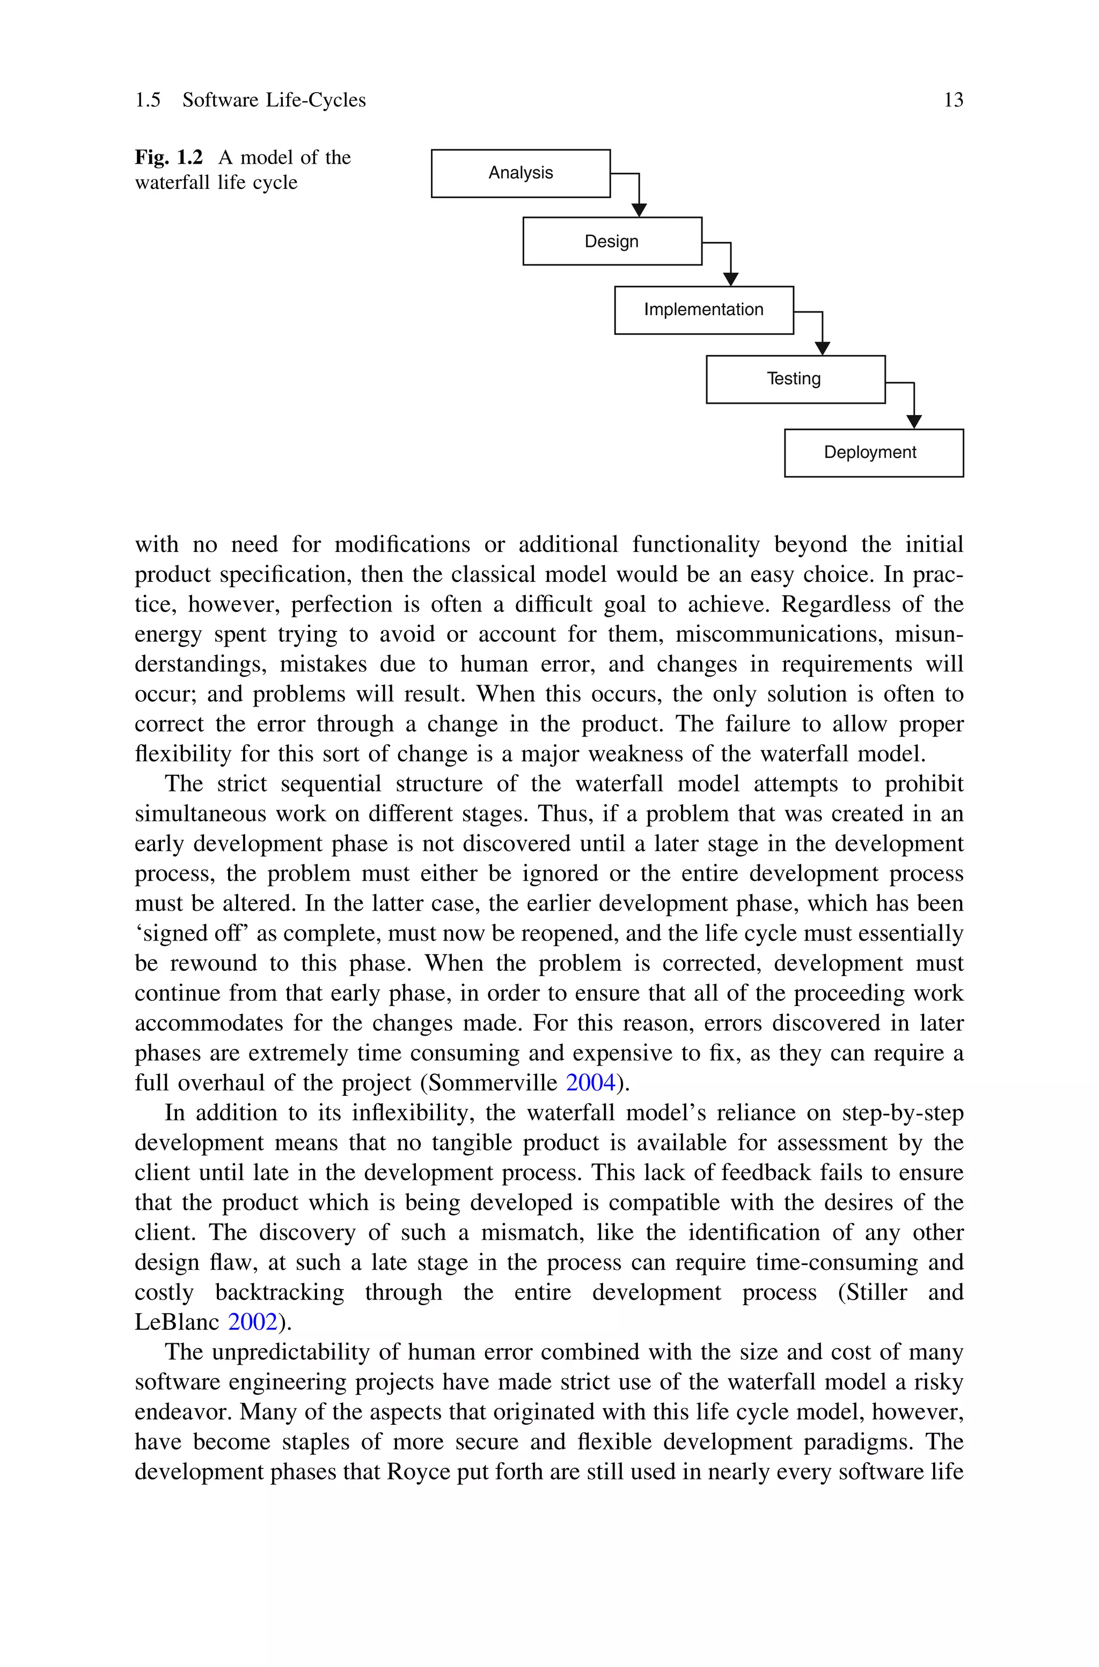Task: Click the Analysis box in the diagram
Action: pos(520,173)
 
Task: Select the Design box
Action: pos(612,241)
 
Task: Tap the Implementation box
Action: pos(704,310)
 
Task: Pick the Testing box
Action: pos(795,379)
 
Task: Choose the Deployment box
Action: pos(873,453)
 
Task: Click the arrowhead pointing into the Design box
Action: pos(639,209)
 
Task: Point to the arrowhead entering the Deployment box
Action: pos(914,421)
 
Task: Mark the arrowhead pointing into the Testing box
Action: pos(822,348)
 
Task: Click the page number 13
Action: pos(953,100)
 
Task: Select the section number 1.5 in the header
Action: pos(148,100)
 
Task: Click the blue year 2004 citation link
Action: pos(590,1083)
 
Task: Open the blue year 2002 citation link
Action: pos(252,1322)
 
